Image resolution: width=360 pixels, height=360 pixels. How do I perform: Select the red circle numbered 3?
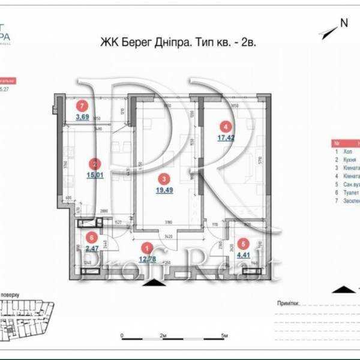tap(161, 178)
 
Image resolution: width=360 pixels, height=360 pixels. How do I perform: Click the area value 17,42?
tap(226, 137)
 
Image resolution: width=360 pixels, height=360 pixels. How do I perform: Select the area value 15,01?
tap(94, 175)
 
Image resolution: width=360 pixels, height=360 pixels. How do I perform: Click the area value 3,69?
tap(82, 116)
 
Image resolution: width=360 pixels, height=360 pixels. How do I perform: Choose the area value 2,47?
tap(91, 249)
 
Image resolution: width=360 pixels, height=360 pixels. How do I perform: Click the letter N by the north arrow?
tap(344, 23)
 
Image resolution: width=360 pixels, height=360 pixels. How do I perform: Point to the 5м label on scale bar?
tap(224, 335)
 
